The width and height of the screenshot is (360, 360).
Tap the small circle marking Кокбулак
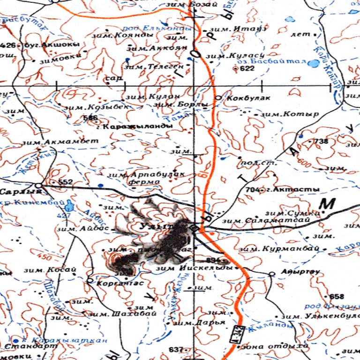click(218, 97)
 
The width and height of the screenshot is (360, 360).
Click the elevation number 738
click(321, 141)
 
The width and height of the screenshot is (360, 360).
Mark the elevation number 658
click(337, 296)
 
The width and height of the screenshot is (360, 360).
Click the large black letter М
click(327, 204)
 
